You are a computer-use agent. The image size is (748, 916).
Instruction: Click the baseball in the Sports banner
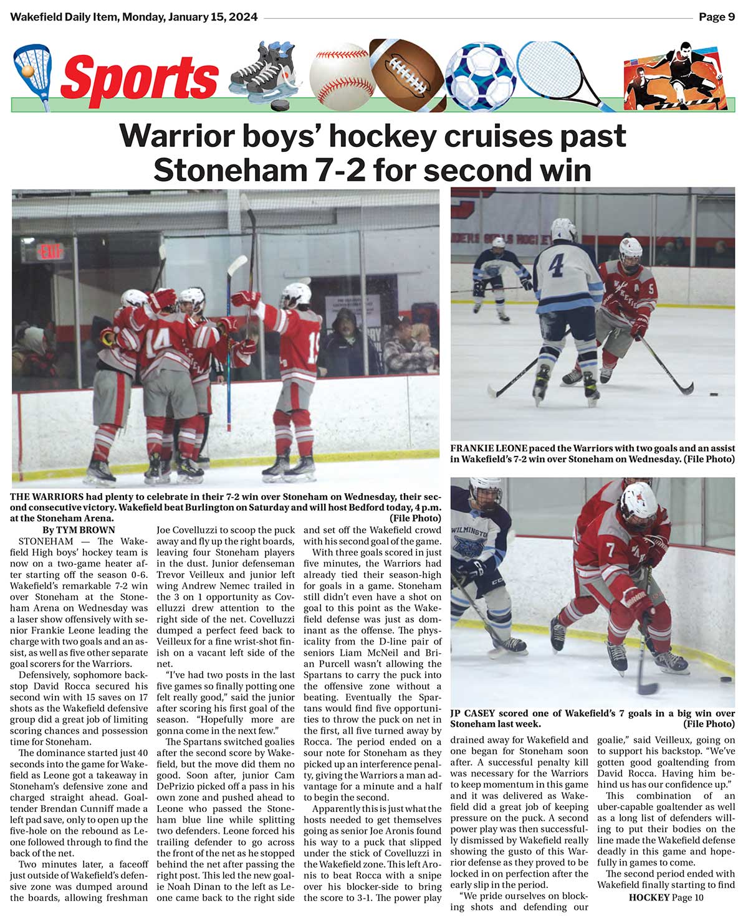340,77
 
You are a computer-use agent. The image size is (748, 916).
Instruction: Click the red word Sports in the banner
140,78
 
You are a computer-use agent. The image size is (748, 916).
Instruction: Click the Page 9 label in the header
716,17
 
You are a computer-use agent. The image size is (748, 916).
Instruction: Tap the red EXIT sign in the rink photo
50,252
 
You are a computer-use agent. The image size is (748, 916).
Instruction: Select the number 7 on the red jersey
610,550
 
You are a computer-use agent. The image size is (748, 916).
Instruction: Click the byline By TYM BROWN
79,530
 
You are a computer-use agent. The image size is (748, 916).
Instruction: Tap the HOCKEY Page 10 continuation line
666,897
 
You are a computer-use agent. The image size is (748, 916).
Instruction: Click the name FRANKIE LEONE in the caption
489,448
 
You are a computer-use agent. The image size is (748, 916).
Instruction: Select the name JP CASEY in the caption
474,714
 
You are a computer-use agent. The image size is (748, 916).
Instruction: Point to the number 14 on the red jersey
159,341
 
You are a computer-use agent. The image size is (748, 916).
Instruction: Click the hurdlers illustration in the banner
677,76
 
